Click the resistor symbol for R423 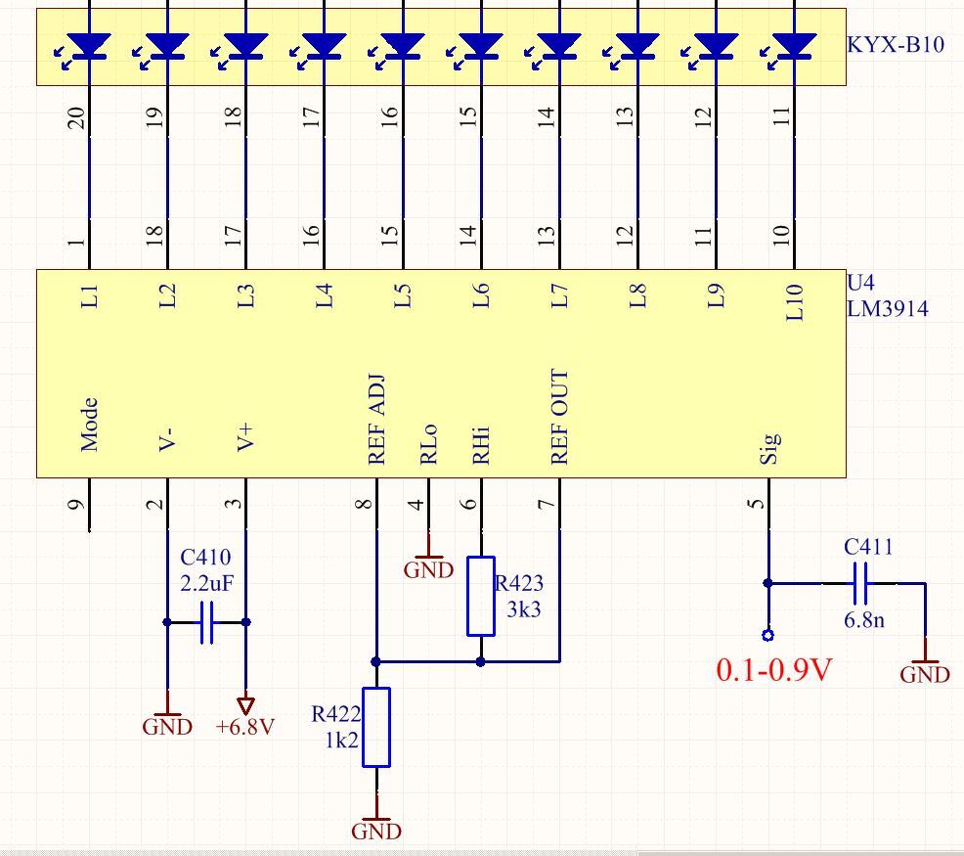pos(481,596)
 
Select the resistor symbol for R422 pos(376,728)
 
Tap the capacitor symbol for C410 pos(206,622)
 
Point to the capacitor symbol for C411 pos(860,583)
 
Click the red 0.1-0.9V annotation pos(774,669)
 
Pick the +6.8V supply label pos(244,727)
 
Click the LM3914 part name pos(887,308)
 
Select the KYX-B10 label pos(896,44)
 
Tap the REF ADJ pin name pos(376,419)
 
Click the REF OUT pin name pos(559,417)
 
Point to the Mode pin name pos(89,425)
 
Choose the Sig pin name pos(769,447)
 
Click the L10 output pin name pos(794,302)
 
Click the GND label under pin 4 pos(428,569)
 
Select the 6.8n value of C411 pos(864,619)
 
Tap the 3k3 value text pos(524,608)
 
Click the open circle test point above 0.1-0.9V pos(767,635)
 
